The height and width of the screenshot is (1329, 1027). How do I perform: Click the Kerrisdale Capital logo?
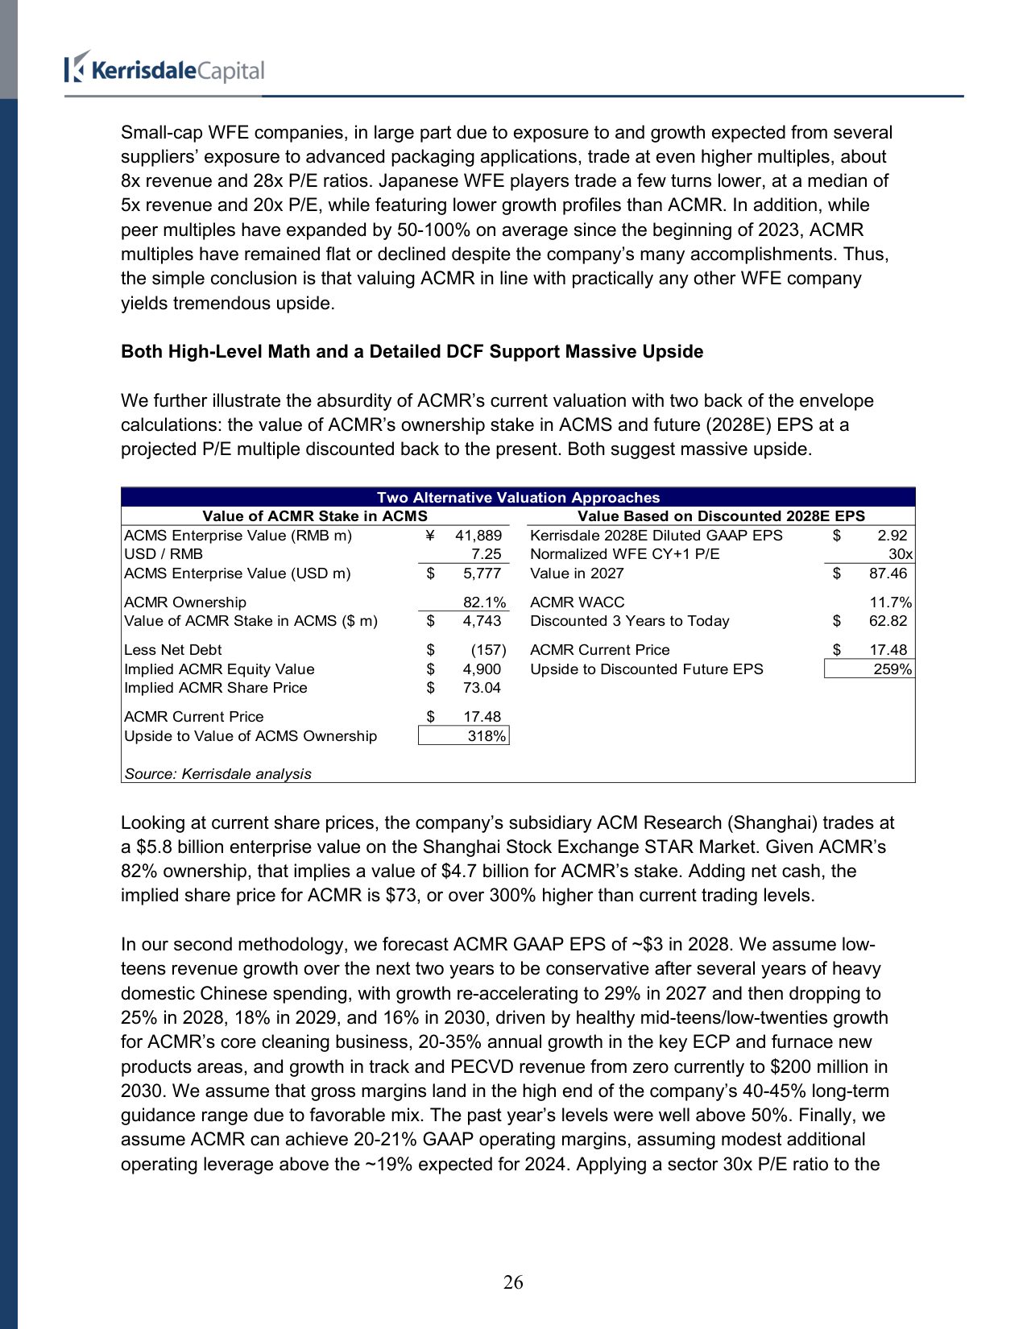click(164, 69)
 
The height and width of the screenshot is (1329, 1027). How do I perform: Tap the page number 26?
click(513, 1281)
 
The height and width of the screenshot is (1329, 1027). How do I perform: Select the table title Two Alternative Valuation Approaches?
click(518, 498)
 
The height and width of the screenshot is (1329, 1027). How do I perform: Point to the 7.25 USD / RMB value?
click(487, 554)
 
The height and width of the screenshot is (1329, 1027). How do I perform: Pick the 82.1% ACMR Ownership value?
click(484, 602)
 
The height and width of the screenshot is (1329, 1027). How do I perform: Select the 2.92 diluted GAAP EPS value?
click(892, 536)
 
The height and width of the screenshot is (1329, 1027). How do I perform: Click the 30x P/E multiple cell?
click(900, 554)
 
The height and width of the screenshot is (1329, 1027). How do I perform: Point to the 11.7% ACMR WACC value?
click(890, 602)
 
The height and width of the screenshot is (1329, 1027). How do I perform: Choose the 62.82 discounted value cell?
click(888, 621)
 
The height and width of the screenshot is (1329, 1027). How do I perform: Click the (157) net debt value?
click(488, 650)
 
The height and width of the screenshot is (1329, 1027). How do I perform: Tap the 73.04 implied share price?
click(482, 688)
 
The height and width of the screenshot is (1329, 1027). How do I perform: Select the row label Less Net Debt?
click(173, 650)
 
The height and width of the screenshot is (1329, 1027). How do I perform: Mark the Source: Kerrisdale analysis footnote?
click(217, 774)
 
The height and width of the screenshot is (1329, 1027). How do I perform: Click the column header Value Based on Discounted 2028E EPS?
click(721, 516)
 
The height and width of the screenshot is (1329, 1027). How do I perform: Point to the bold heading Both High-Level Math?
click(412, 352)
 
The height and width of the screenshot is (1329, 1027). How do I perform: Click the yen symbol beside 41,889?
click(430, 536)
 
